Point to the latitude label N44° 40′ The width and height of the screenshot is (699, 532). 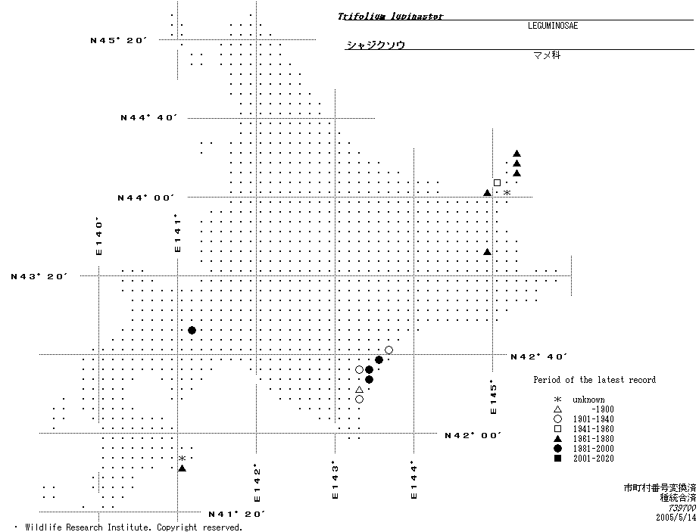click(x=149, y=117)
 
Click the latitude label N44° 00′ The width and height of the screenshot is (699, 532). click(x=146, y=198)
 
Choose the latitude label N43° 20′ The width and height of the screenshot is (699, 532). click(x=39, y=276)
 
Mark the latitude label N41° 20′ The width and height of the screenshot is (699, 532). click(x=237, y=514)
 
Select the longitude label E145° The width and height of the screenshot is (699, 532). click(x=493, y=397)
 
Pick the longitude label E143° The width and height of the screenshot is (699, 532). click(x=335, y=481)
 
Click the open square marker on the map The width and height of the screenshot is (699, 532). click(x=497, y=182)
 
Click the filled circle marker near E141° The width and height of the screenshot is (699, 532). click(x=192, y=330)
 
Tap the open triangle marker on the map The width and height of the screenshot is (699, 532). click(x=359, y=390)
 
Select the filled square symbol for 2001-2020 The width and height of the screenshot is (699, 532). click(x=557, y=459)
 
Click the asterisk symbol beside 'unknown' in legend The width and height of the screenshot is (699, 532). click(x=557, y=400)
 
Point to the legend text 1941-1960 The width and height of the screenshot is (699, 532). click(x=593, y=429)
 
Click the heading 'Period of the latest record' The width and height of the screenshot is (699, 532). click(x=594, y=380)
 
